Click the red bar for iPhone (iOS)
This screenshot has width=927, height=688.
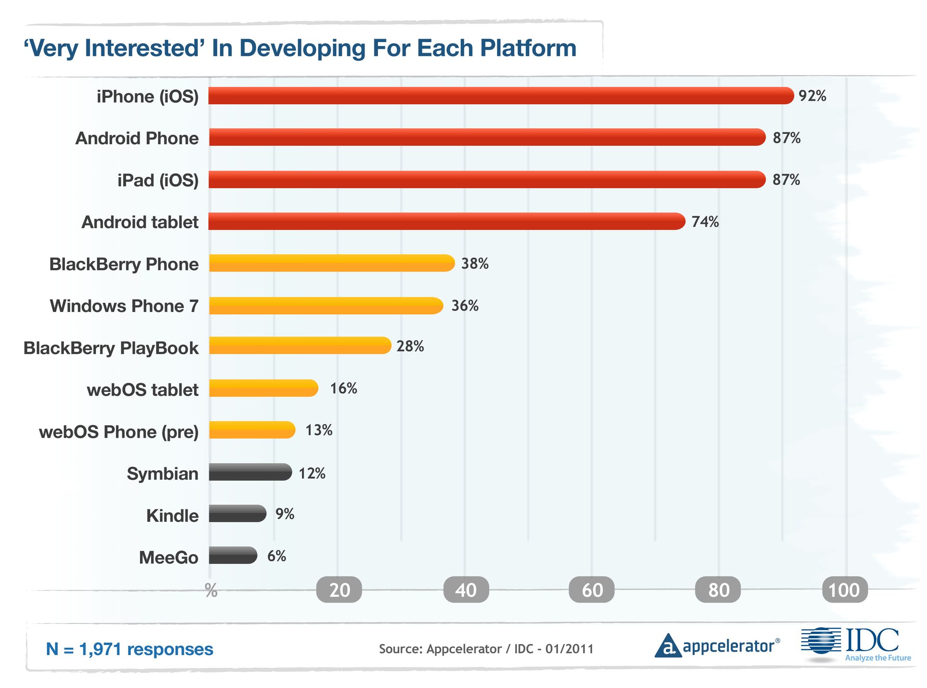point(501,96)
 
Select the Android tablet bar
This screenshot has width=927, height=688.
point(447,221)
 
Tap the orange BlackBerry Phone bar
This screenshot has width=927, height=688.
point(332,263)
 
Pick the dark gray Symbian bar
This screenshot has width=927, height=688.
point(250,472)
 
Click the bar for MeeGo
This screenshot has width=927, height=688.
point(233,555)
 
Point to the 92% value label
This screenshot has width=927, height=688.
point(812,96)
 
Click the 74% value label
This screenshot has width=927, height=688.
point(705,222)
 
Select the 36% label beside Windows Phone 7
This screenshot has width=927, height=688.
point(465,306)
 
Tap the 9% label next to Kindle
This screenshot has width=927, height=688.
point(285,514)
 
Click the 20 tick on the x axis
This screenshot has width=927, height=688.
point(339,590)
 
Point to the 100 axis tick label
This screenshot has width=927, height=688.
point(844,590)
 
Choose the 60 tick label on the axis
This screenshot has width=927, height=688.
point(592,590)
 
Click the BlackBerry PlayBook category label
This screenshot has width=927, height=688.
point(111,348)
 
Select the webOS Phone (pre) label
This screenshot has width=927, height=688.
point(119,432)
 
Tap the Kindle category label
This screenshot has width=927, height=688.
point(172,516)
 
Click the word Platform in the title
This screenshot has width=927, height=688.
point(528,48)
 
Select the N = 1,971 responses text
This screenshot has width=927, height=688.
point(129,649)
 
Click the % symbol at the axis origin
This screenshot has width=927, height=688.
point(211,591)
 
